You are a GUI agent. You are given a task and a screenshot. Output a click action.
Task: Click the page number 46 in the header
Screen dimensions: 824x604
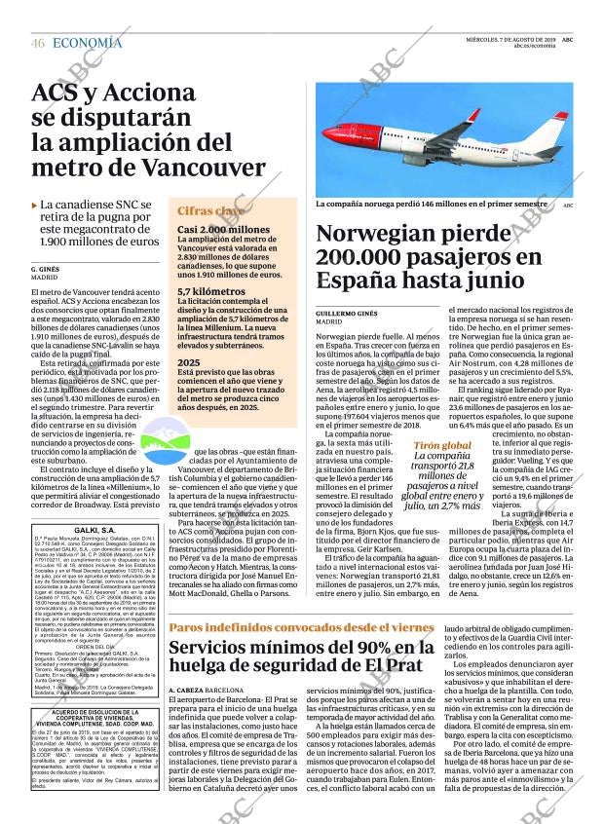pyautogui.click(x=38, y=43)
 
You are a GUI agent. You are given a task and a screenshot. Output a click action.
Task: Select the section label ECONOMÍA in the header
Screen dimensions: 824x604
pyautogui.click(x=87, y=43)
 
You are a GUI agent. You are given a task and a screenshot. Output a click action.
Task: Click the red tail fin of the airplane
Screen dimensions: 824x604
pyautogui.click(x=558, y=126)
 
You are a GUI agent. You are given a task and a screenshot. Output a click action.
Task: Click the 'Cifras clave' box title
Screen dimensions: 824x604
pyautogui.click(x=210, y=210)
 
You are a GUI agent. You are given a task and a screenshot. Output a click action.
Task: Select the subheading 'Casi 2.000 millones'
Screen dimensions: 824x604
pyautogui.click(x=223, y=230)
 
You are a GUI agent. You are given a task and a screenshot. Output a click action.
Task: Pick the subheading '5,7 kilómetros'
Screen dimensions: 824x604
pyautogui.click(x=210, y=291)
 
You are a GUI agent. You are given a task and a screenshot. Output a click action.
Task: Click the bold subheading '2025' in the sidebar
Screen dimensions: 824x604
pyautogui.click(x=188, y=362)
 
